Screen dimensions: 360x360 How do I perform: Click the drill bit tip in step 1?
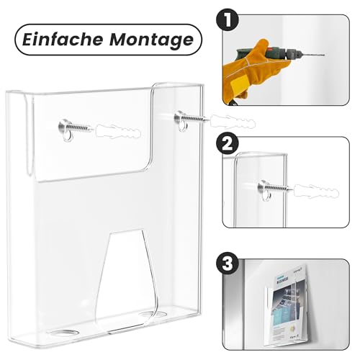coord(323,57)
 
